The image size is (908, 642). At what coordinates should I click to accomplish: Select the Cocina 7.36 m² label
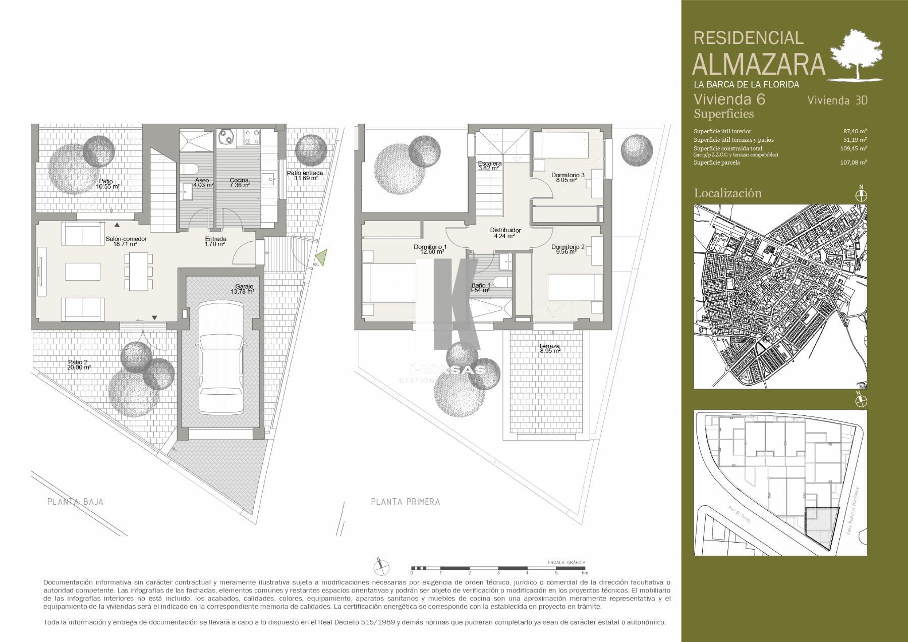[x=240, y=183]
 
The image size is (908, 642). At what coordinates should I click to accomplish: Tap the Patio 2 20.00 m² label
[x=79, y=364]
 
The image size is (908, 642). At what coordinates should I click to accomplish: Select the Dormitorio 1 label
[x=430, y=249]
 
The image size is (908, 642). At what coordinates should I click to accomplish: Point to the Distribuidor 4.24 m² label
[x=505, y=233]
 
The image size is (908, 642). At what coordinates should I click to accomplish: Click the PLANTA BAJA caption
[x=75, y=502]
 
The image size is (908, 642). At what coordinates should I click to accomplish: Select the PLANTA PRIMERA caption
[x=405, y=502]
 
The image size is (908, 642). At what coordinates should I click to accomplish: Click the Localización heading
[x=727, y=193]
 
